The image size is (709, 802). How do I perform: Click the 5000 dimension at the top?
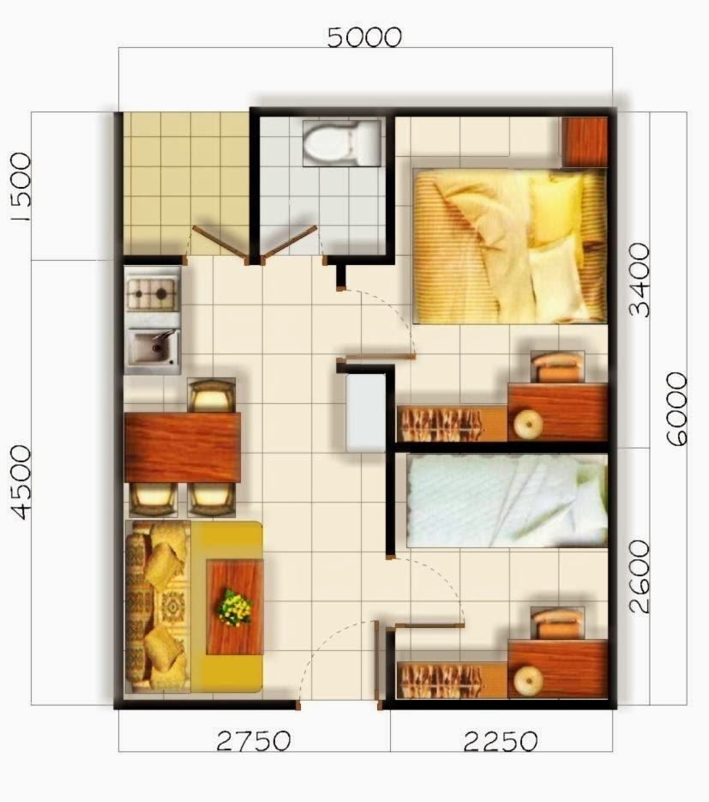(x=364, y=37)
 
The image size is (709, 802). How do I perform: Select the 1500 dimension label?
(x=19, y=186)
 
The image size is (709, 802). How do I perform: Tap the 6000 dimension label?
(x=676, y=408)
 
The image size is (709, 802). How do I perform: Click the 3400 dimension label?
(x=639, y=279)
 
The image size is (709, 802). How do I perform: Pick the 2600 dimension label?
(x=639, y=576)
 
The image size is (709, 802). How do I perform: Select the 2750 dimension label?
(x=253, y=740)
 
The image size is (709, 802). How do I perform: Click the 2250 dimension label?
(x=501, y=740)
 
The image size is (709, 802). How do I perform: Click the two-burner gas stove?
(x=152, y=294)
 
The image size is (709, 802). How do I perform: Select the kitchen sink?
(x=152, y=347)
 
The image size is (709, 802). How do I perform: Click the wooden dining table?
(x=182, y=447)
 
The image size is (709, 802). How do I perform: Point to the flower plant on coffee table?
(x=233, y=606)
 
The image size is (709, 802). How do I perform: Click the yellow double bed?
(x=509, y=245)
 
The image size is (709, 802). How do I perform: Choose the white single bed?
(x=506, y=501)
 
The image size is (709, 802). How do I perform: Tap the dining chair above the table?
(x=211, y=395)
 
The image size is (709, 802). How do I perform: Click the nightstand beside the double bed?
(x=585, y=142)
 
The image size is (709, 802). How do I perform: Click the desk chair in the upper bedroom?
(x=556, y=366)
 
